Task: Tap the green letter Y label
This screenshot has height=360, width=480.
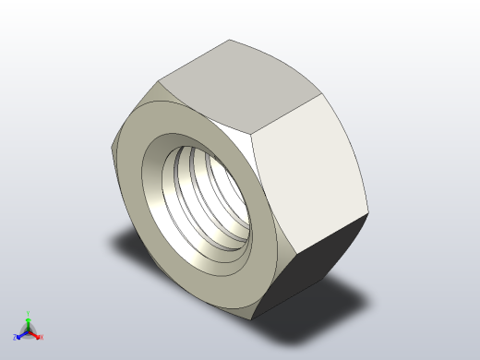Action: [29, 314]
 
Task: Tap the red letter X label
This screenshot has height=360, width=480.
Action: [42, 337]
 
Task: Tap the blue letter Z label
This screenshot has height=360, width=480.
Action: [16, 338]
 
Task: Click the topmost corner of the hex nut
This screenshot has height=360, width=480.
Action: [230, 40]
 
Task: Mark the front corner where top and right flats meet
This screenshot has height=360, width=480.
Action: [253, 133]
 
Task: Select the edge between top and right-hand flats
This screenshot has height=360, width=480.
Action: [288, 113]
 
